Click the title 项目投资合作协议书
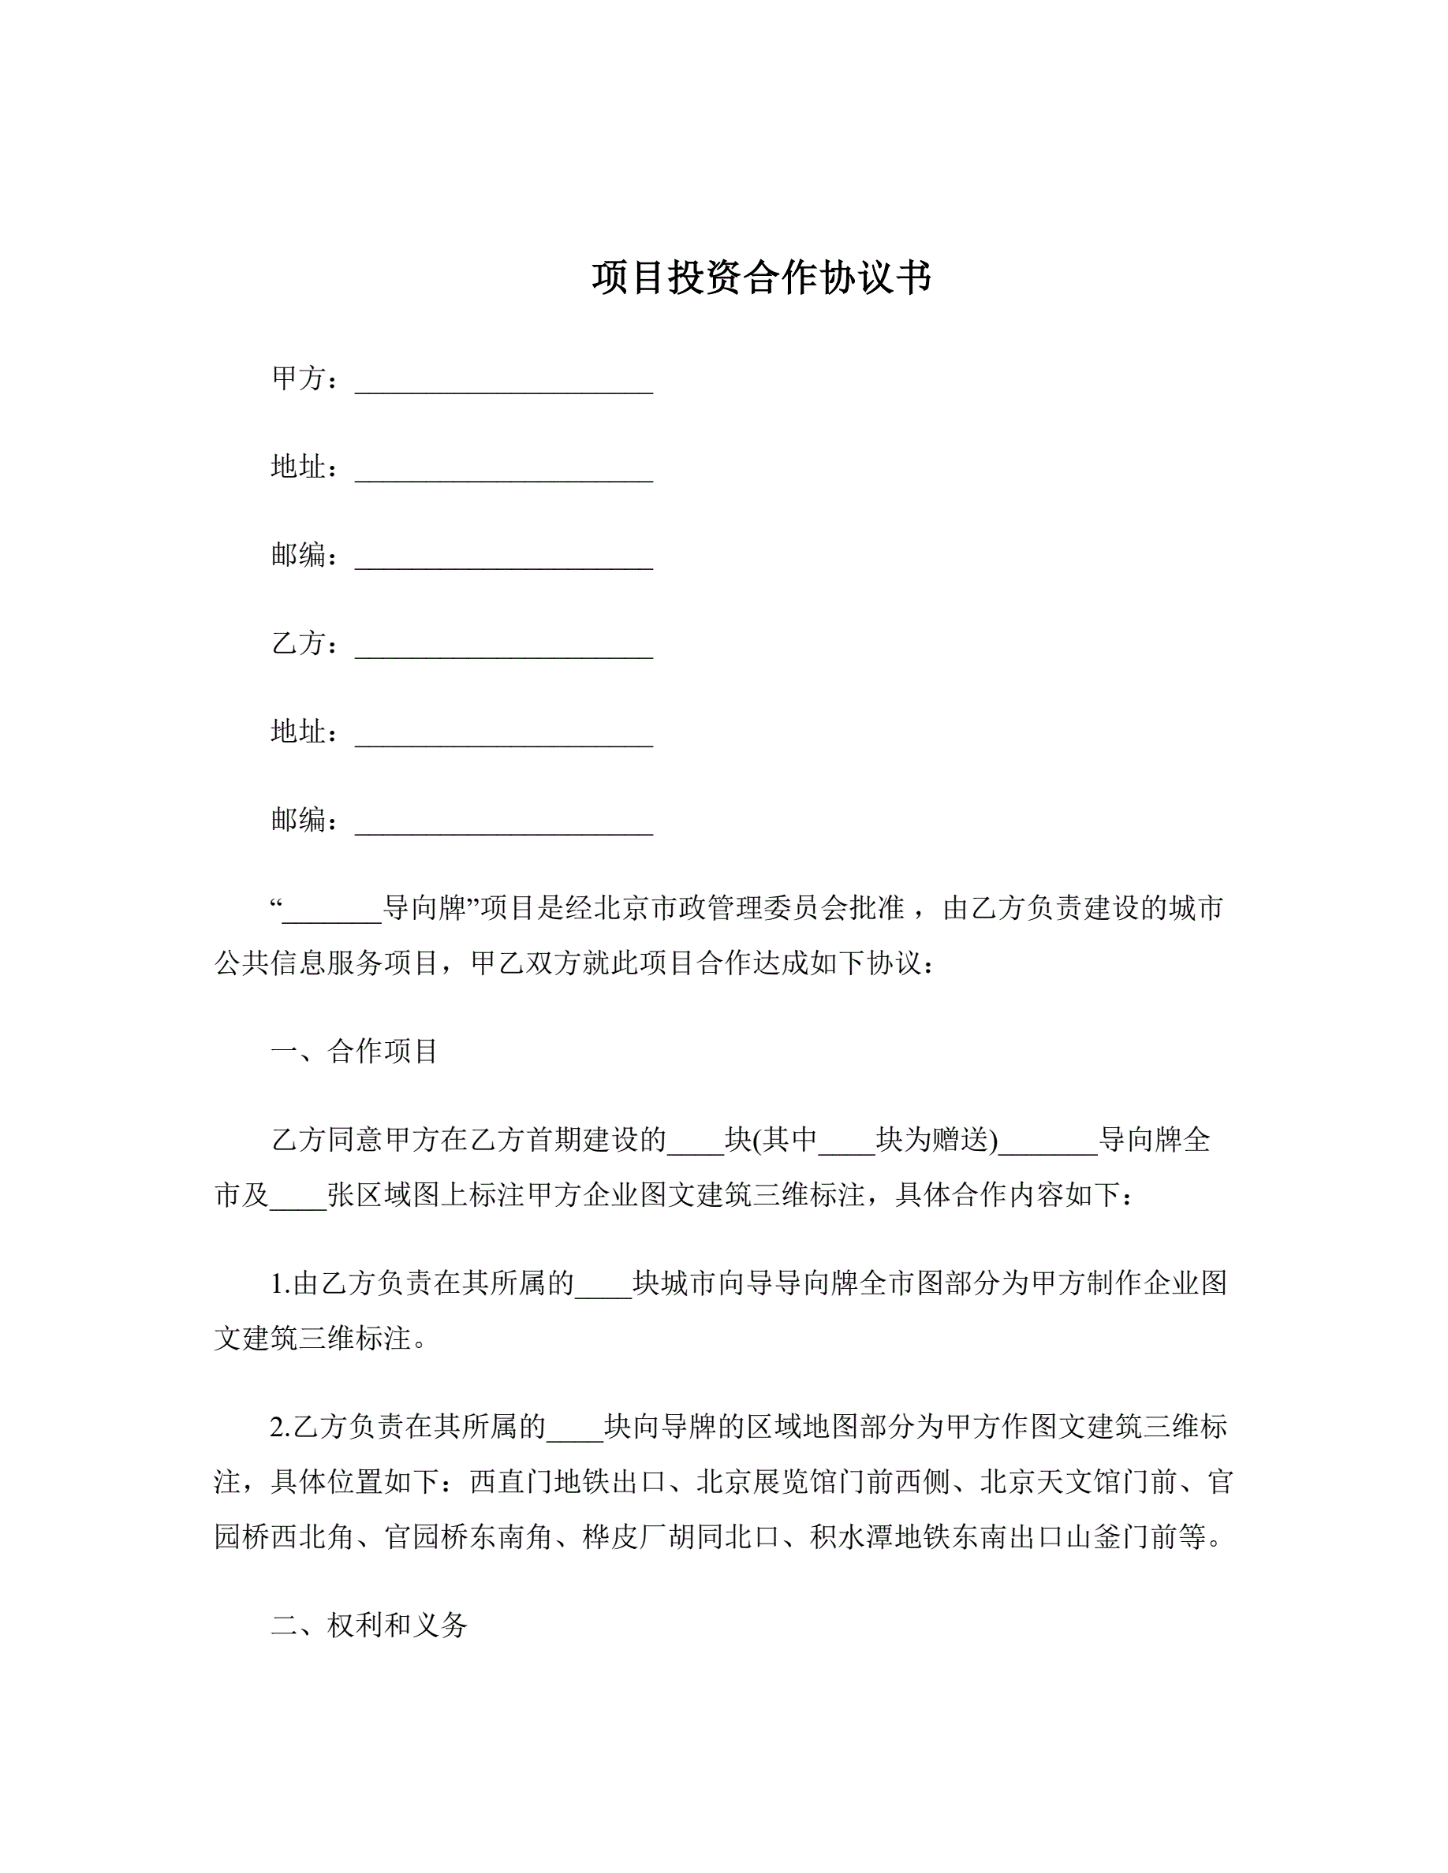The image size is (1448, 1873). click(761, 277)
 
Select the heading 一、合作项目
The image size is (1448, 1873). click(354, 1051)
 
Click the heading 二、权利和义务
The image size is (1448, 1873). click(369, 1625)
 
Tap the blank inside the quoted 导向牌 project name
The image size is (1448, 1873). click(332, 910)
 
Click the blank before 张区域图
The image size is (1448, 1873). click(297, 1197)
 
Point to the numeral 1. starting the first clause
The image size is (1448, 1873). click(281, 1284)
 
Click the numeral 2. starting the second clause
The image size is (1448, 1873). click(281, 1427)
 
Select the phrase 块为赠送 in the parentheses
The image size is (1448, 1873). click(933, 1140)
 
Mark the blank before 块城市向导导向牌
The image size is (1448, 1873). click(603, 1287)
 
